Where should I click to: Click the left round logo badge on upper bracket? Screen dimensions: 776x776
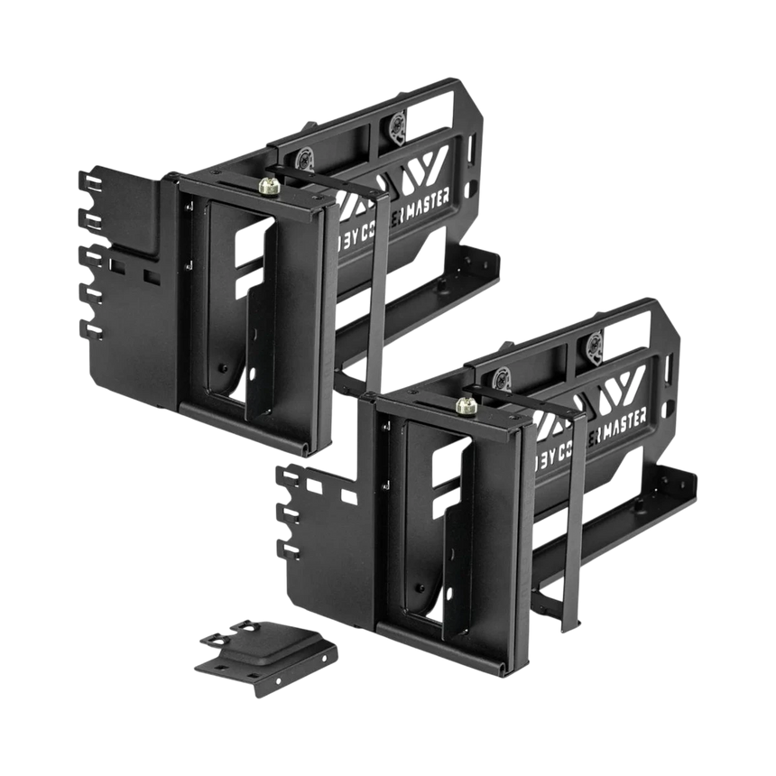pyautogui.click(x=305, y=155)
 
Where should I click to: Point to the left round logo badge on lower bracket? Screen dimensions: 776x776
pyautogui.click(x=504, y=372)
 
